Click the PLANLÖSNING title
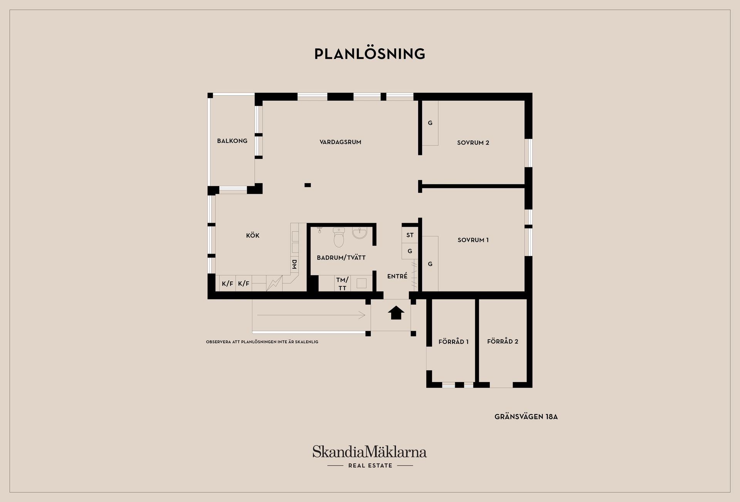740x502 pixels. tap(370, 54)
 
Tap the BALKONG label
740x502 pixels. tap(232, 141)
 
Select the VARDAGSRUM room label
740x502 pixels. tap(340, 142)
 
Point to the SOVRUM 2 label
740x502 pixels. tap(473, 143)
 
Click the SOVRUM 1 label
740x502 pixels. tap(473, 240)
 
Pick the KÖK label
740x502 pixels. tap(252, 235)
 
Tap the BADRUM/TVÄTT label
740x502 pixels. tap(341, 258)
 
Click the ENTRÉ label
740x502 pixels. tap(397, 276)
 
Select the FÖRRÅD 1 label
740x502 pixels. tap(453, 342)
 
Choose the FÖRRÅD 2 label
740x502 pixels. tap(503, 341)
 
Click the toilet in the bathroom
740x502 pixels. tap(339, 237)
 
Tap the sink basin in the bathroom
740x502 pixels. tap(360, 233)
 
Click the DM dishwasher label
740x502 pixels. tap(294, 264)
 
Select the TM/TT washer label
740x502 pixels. tap(342, 284)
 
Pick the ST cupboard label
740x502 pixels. tap(410, 235)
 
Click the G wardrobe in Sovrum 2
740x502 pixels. tap(430, 123)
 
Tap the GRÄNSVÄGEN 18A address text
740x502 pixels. tap(526, 417)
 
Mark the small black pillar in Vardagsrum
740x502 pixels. tap(308, 185)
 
